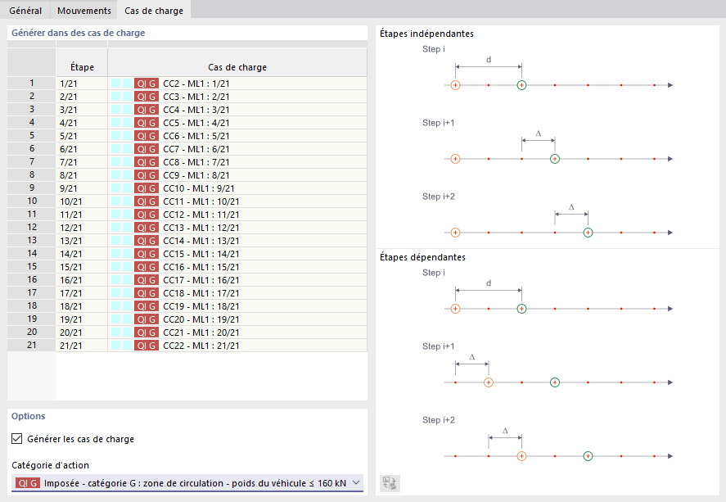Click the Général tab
25,11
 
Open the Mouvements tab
84,11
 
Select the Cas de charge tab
153,11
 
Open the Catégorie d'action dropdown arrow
356,483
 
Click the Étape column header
82,67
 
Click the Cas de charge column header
237,67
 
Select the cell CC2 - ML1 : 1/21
196,84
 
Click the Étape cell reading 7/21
69,162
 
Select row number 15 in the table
31,267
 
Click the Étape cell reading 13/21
71,241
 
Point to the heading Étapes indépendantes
426,34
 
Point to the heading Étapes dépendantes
422,257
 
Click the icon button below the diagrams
390,483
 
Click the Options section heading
29,416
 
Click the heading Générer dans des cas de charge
79,33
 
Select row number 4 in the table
31,123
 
